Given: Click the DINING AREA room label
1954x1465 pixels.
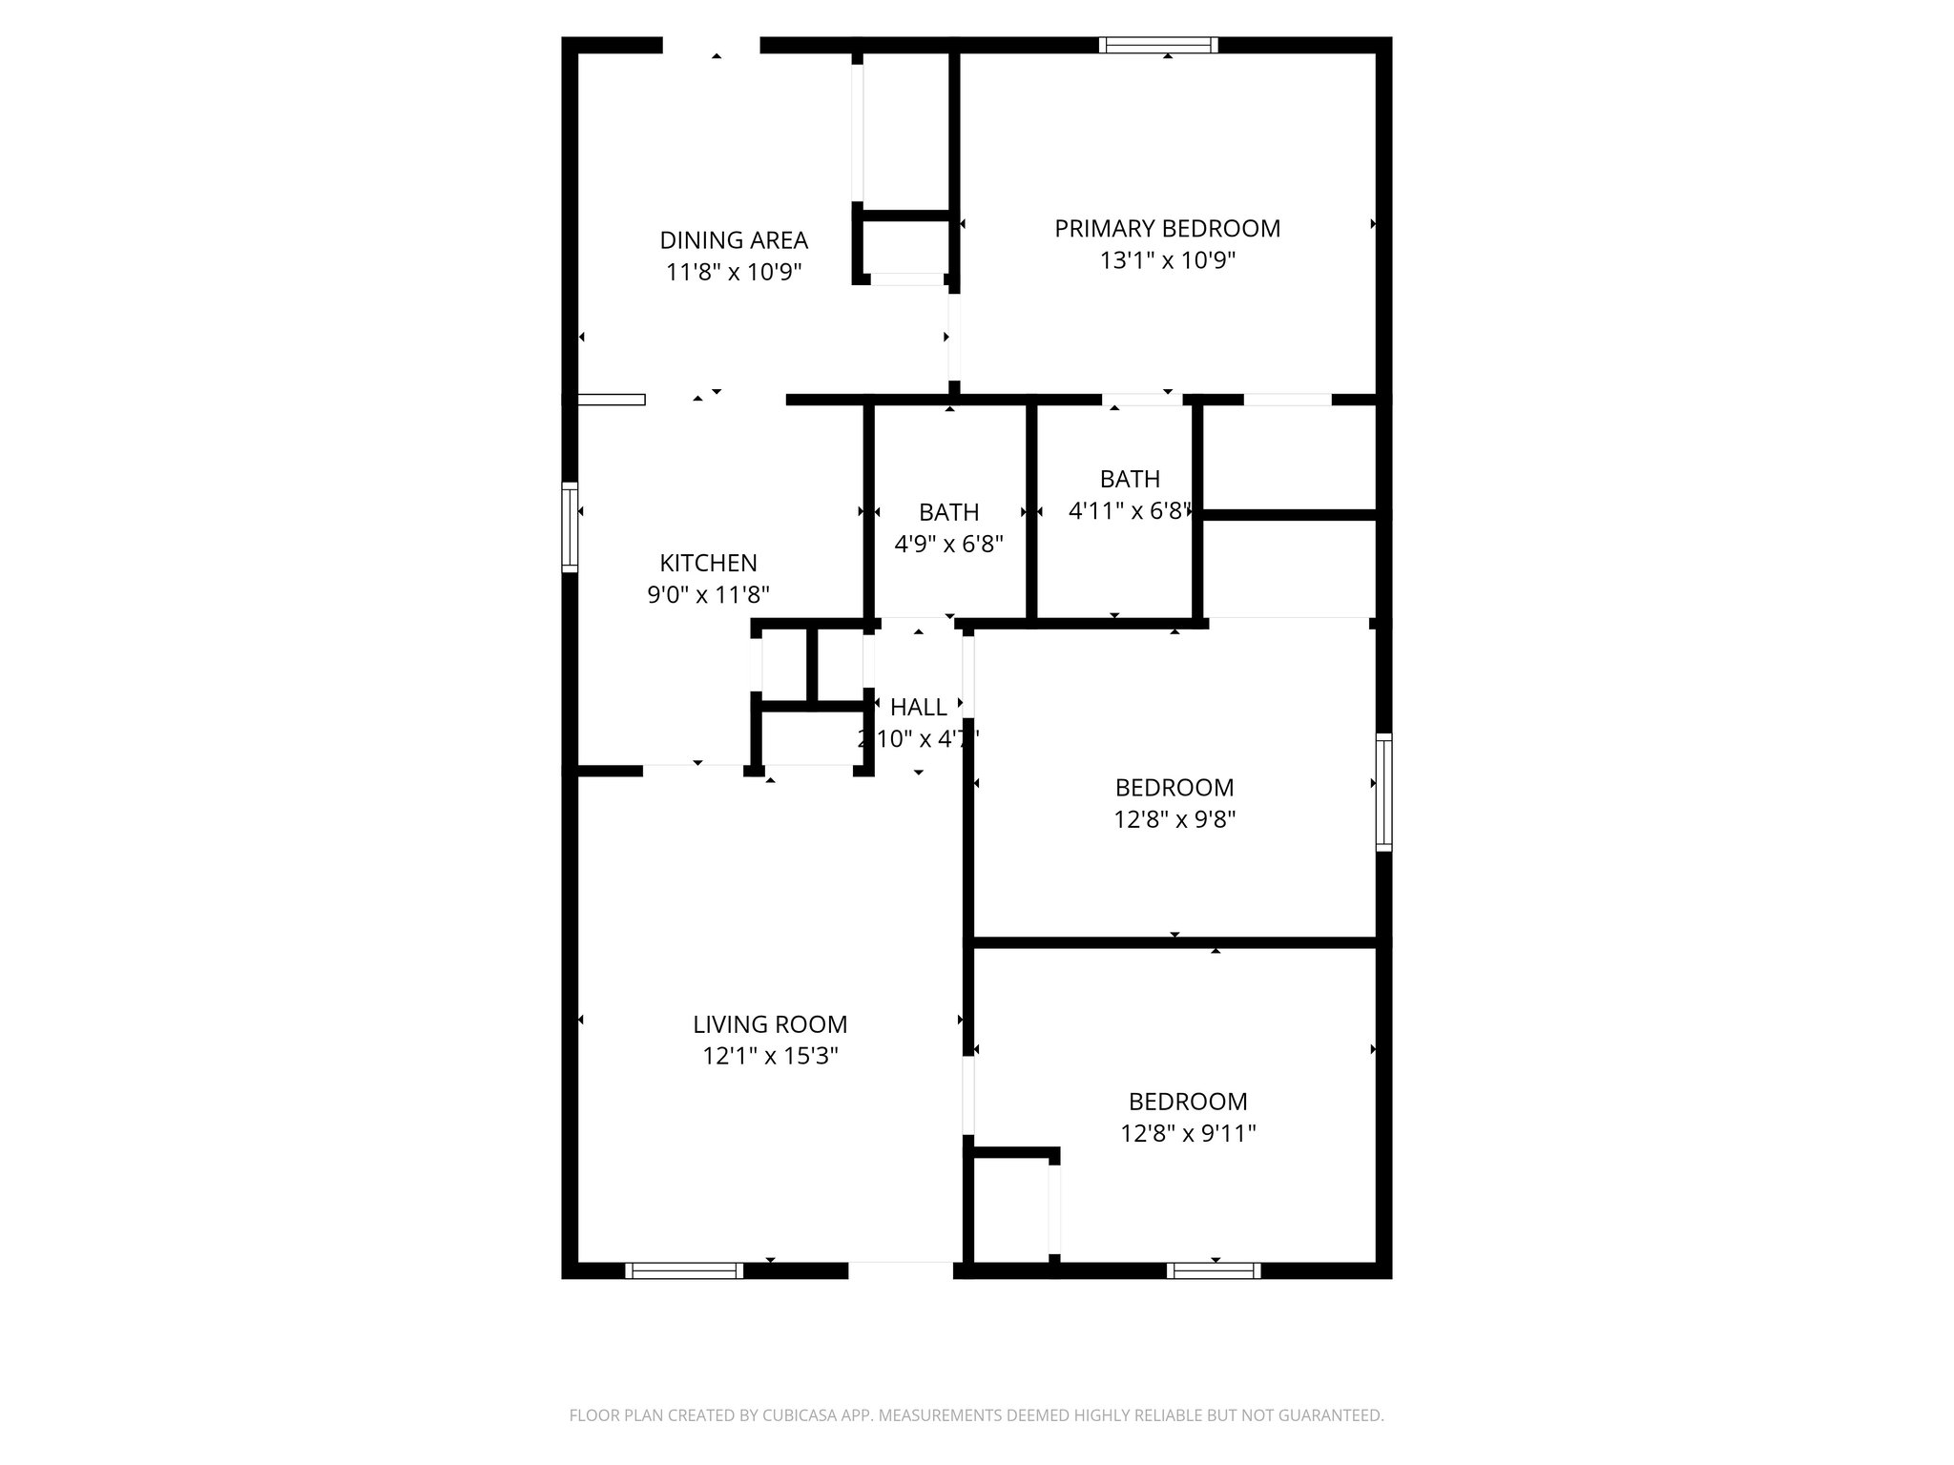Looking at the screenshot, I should tap(734, 240).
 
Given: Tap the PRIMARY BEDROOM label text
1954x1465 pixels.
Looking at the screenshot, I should tap(1167, 229).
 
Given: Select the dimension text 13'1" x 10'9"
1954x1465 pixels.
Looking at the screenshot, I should tap(1167, 260).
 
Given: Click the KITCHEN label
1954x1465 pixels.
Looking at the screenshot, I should tap(708, 563).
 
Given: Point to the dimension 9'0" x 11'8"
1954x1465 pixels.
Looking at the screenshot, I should tap(708, 595).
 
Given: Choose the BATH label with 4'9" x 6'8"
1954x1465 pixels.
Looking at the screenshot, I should tap(948, 513).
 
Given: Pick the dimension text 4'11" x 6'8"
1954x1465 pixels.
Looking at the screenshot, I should tap(1129, 511).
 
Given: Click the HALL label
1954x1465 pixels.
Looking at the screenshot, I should tap(918, 708).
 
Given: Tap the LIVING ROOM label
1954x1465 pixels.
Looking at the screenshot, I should tap(770, 1024).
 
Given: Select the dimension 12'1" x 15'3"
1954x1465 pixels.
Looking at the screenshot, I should tap(770, 1056).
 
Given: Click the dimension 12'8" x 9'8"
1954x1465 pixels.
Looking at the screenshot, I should tap(1174, 819).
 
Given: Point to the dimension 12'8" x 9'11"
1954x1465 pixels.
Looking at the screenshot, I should tap(1188, 1133).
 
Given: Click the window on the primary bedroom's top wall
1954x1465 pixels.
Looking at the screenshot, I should tap(1158, 45).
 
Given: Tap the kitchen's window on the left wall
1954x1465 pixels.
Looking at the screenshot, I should tap(570, 527).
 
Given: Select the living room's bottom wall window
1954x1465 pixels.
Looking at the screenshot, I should tap(684, 1270).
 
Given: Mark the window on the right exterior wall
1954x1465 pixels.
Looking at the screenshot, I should tap(1383, 792).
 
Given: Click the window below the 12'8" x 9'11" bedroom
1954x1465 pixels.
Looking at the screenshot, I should tap(1214, 1270).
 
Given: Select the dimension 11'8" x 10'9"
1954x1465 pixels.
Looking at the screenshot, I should tap(734, 273).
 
